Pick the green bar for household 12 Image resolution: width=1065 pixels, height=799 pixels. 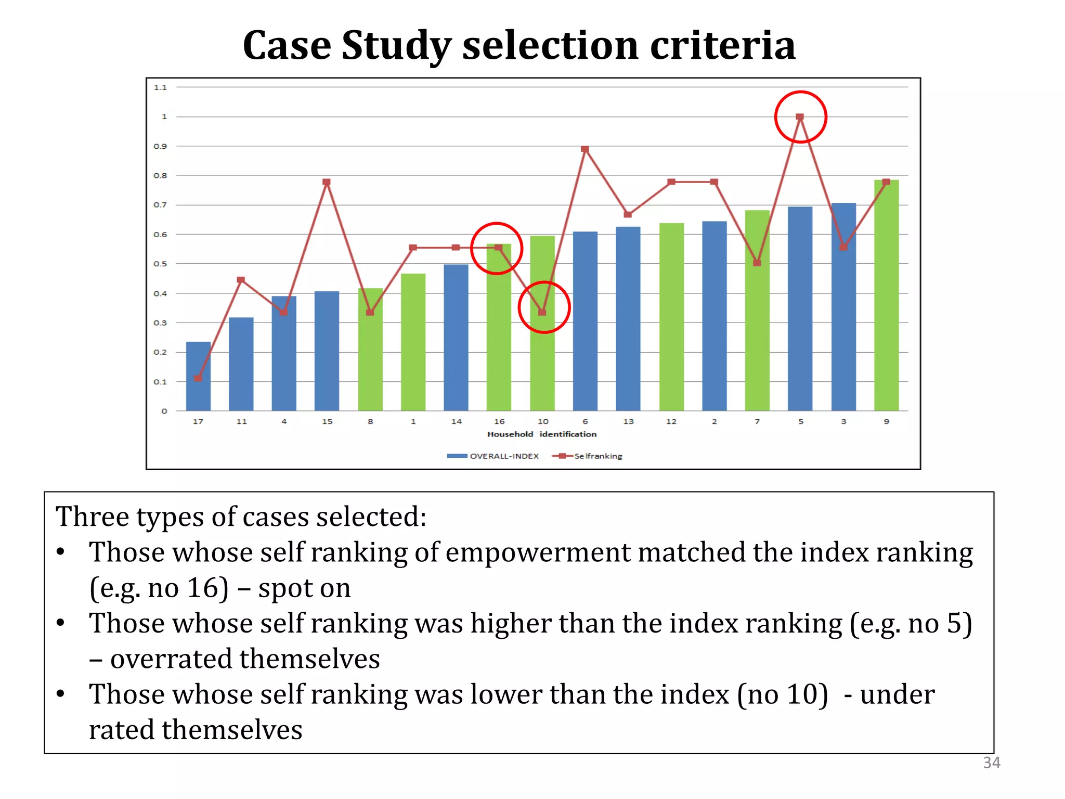(671, 317)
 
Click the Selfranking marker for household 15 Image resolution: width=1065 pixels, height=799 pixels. (327, 182)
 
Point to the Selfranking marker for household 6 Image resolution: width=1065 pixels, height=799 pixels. (585, 149)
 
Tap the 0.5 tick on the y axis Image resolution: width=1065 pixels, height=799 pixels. (160, 264)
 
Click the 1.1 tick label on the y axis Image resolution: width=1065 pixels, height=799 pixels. (160, 87)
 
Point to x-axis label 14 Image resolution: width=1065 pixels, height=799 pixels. (456, 421)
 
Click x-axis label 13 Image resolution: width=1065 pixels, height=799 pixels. (628, 421)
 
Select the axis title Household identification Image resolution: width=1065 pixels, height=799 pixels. (541, 434)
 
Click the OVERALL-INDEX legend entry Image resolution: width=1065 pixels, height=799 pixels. (493, 456)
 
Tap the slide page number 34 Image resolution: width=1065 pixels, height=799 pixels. (991, 763)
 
